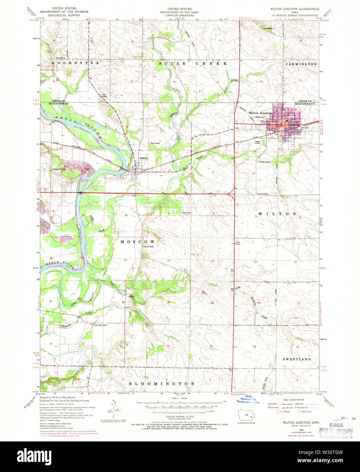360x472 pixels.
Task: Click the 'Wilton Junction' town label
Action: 260,113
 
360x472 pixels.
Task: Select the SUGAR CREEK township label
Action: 193,63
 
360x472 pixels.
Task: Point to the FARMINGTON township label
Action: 301,64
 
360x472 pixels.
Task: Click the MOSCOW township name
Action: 138,241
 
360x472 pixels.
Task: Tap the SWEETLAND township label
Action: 297,359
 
